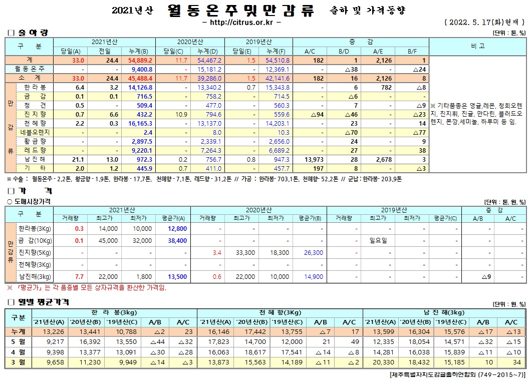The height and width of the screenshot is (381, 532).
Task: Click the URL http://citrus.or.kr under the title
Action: (x=241, y=22)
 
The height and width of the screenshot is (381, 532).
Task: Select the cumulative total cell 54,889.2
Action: (x=140, y=60)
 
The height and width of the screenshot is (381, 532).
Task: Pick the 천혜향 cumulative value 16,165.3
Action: (x=140, y=123)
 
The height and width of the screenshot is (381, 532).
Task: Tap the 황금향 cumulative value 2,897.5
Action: (x=141, y=141)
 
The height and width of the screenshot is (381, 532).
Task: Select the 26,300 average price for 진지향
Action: (x=314, y=252)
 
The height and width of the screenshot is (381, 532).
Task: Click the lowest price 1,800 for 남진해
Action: (x=144, y=276)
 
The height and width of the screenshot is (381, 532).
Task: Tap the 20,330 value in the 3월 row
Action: (x=381, y=362)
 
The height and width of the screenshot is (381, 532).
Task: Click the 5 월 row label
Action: (x=18, y=342)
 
